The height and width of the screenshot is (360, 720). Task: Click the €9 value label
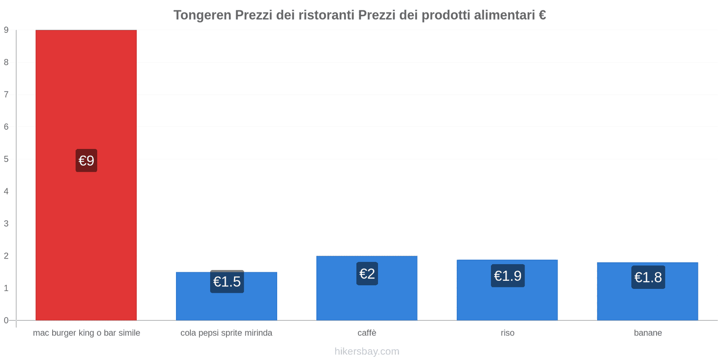86,161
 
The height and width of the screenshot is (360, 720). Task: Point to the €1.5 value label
227,282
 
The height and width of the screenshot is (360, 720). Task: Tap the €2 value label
367,274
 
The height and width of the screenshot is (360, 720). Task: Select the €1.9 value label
508,276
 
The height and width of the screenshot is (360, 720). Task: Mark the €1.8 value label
648,277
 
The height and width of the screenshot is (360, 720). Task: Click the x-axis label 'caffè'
367,333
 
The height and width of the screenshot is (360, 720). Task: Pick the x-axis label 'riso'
508,333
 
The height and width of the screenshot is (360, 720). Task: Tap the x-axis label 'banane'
648,333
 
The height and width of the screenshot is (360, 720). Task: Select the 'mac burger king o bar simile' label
86,333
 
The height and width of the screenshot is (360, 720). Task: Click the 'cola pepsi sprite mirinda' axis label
226,333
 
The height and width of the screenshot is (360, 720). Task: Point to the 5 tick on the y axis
6,159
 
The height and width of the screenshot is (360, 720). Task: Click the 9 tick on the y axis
6,30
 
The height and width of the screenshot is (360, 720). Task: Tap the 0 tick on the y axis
6,320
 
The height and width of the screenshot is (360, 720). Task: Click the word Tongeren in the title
202,15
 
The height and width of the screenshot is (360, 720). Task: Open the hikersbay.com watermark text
367,351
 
